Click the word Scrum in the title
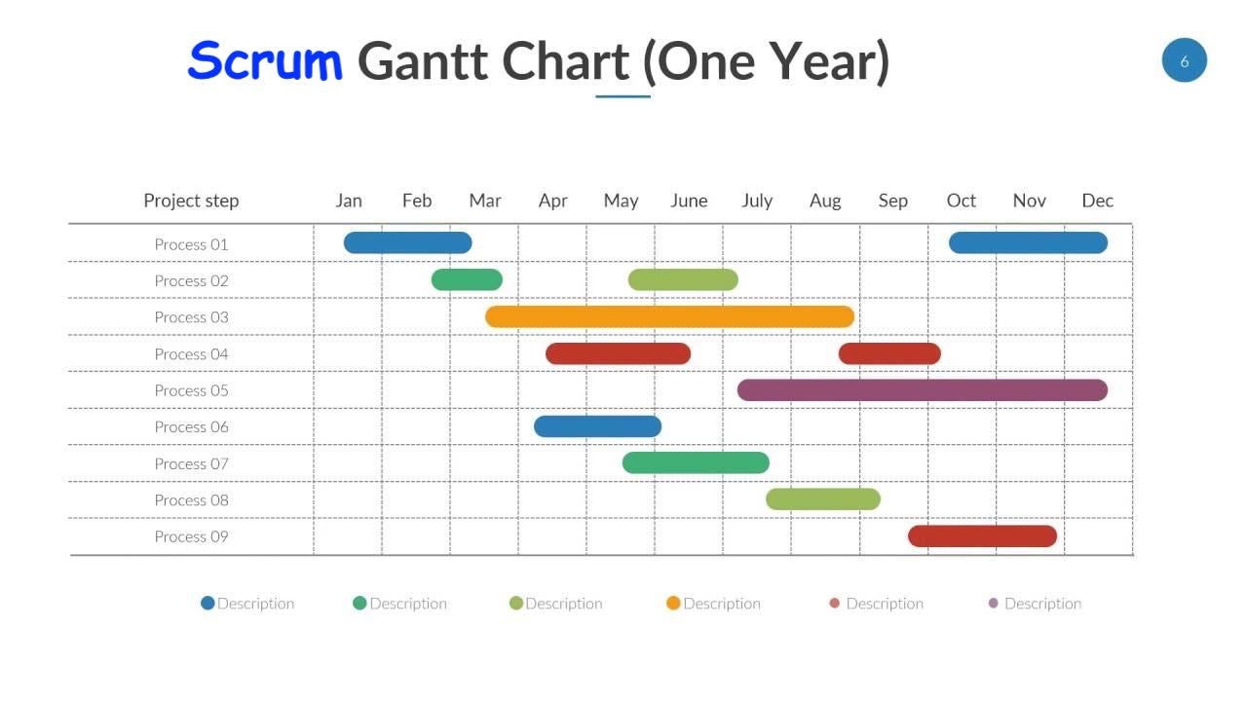[x=265, y=60]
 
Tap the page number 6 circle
[x=1184, y=60]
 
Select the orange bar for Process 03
[x=669, y=316]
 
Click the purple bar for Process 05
[x=922, y=390]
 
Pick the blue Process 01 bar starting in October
[x=1028, y=242]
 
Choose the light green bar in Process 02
[x=683, y=280]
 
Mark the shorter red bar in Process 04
[x=889, y=353]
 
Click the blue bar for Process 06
[x=597, y=426]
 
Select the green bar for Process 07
[x=696, y=463]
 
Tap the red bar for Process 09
[x=982, y=536]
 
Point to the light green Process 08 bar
[x=823, y=499]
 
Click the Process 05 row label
[x=192, y=390]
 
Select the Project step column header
[x=191, y=201]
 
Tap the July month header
[x=757, y=201]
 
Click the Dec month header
[x=1097, y=201]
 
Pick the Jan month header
[x=349, y=201]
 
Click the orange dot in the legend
[x=673, y=604]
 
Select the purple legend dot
[x=994, y=604]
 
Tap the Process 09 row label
[x=192, y=536]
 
